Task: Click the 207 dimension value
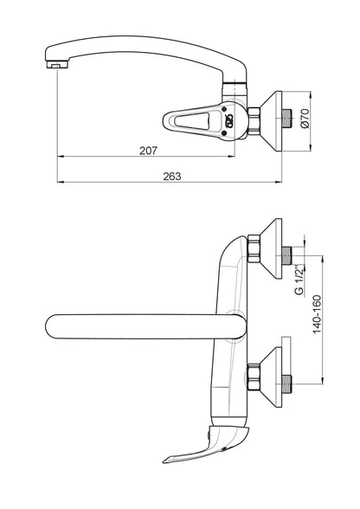(x=148, y=151)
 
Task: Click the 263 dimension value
(x=171, y=177)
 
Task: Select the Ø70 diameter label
(x=305, y=119)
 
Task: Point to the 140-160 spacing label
(x=317, y=314)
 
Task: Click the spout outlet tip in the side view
(x=57, y=64)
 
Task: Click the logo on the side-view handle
(x=229, y=121)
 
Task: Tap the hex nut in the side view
(x=254, y=121)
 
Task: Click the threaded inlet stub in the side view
(x=287, y=119)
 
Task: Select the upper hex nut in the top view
(x=254, y=248)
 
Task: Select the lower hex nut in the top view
(x=254, y=377)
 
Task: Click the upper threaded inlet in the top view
(x=287, y=255)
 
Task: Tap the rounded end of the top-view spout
(x=48, y=326)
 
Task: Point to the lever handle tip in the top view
(x=165, y=461)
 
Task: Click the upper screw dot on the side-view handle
(x=224, y=109)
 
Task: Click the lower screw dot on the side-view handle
(x=224, y=133)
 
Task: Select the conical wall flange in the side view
(x=272, y=121)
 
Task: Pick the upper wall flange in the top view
(x=272, y=248)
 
